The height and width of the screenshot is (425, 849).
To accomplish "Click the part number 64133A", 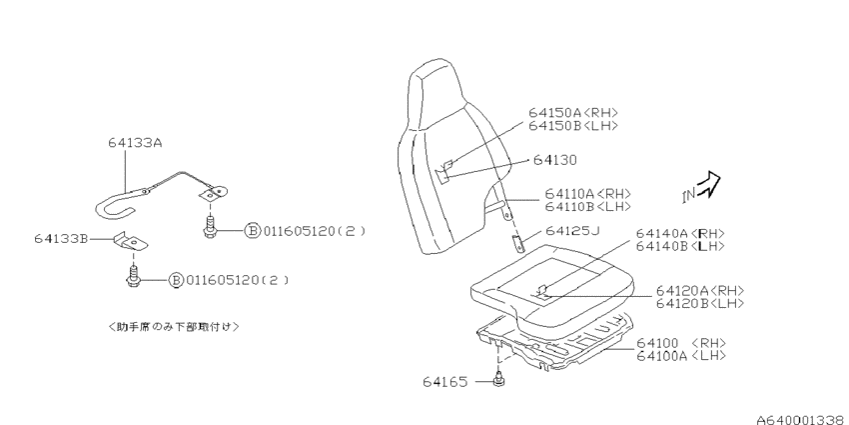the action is pos(135,143).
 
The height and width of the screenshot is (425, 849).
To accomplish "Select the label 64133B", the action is pos(61,239).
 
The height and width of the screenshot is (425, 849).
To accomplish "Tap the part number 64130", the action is pos(555,160).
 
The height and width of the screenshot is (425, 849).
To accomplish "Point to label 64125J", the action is pos(572,231).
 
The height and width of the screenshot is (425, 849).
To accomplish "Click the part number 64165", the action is pos(444,382).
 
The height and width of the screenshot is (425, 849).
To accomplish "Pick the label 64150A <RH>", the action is pos(573,113).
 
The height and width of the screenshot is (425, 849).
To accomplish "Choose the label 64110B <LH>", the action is pos(587,207).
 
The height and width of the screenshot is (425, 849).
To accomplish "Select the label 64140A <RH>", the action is pos(680,234).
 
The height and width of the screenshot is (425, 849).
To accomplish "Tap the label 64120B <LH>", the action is pos(700,304).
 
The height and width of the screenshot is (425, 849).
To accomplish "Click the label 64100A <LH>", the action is pos(680,356).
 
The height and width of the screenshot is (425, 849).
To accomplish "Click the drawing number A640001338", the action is pos(802,420).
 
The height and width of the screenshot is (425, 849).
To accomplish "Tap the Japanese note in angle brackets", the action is pos(173,326).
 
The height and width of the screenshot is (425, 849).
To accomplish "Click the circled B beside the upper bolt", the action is pos(253,231).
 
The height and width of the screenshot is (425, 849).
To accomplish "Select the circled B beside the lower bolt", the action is pos(176,280).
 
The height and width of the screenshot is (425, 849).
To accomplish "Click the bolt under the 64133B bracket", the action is pos(132,275).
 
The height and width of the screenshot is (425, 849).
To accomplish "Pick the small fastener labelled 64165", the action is pos(498,381).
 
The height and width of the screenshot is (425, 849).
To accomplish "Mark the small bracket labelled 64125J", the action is pos(519,243).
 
